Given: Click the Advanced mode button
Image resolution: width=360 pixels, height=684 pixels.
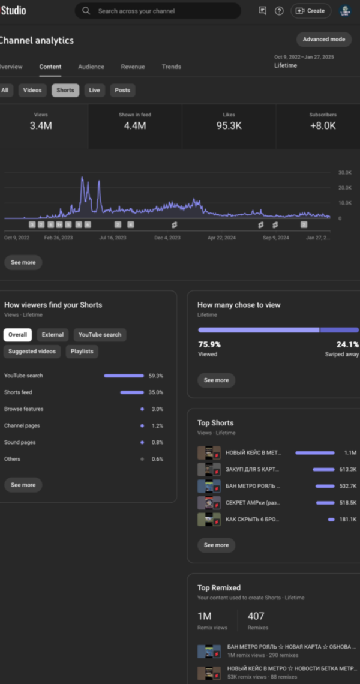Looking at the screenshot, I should click(323, 39).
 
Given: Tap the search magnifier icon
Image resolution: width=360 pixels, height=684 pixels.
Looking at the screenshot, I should click(86, 11).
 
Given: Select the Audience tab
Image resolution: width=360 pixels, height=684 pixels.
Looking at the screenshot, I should click(91, 67).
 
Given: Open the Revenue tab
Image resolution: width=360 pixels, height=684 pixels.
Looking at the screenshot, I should click(133, 67).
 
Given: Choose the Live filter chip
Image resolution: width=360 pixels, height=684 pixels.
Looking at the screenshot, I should click(95, 90).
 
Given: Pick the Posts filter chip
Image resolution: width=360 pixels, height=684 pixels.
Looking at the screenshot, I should click(122, 90).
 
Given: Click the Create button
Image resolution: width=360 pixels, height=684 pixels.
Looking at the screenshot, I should click(311, 11).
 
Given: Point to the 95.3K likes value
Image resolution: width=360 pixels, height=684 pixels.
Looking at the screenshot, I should click(229, 125).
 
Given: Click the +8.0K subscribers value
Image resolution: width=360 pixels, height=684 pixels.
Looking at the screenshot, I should click(322, 125).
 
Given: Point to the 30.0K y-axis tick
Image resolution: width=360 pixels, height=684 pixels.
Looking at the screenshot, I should click(344, 173).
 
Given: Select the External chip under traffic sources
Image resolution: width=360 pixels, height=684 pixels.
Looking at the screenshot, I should click(53, 335).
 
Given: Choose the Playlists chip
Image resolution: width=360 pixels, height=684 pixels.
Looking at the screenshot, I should click(82, 351).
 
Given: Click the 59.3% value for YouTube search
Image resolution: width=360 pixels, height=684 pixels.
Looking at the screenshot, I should click(156, 376).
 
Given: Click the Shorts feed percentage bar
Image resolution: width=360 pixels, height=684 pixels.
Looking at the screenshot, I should click(132, 392).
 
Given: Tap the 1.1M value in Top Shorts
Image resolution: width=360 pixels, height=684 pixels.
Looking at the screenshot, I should click(350, 452).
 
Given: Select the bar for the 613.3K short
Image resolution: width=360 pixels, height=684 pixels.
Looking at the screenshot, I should click(324, 469).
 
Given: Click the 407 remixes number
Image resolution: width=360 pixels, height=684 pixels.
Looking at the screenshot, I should click(256, 616).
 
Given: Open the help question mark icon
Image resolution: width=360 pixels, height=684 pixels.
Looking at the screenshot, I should click(279, 11).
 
